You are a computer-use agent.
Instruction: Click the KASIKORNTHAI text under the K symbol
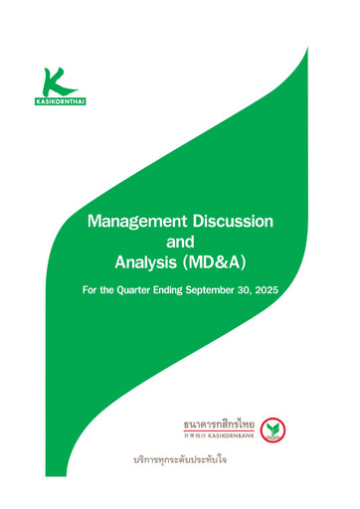pyautogui.click(x=59, y=102)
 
